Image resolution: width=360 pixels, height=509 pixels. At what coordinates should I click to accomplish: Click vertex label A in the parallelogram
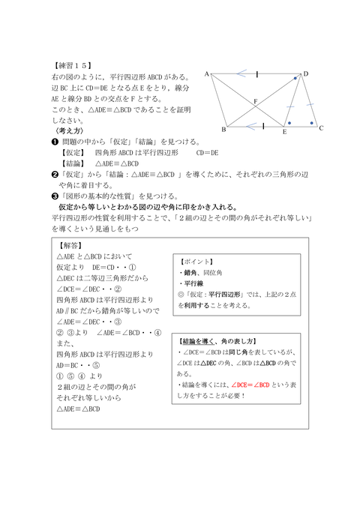(206, 73)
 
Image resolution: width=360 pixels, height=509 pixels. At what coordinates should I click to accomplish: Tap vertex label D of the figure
(305, 73)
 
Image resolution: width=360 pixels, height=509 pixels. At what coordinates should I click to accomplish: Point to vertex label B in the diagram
(223, 130)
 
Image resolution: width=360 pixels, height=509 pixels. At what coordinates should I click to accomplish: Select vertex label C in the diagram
(321, 128)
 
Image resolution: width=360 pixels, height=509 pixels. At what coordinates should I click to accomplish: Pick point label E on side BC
(284, 132)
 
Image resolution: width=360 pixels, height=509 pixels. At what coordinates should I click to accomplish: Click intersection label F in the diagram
(255, 100)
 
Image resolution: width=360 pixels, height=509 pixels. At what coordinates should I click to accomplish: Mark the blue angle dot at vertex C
(310, 121)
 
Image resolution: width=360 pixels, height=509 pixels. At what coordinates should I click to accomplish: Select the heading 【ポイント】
(196, 262)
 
